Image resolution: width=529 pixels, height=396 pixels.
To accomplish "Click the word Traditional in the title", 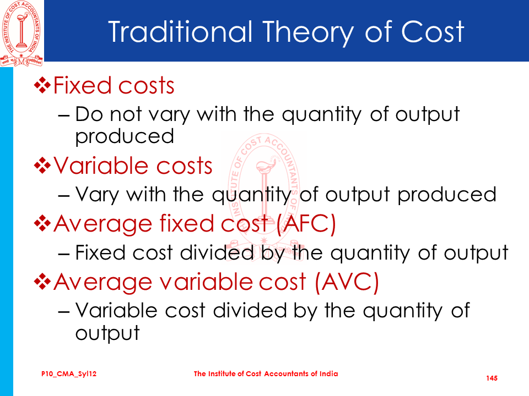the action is click(x=181, y=32).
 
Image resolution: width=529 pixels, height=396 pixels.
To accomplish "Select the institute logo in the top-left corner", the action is click(x=21, y=33).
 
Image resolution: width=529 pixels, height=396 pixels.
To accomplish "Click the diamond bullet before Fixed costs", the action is click(x=42, y=85).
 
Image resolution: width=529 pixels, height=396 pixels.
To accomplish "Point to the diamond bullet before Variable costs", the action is click(x=42, y=166).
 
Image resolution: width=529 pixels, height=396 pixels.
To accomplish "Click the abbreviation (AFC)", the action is click(x=306, y=224).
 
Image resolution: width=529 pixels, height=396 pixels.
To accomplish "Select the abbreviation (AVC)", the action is click(x=347, y=282).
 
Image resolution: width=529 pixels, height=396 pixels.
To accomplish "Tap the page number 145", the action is click(x=492, y=378).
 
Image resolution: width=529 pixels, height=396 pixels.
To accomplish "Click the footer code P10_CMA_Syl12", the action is click(x=69, y=374).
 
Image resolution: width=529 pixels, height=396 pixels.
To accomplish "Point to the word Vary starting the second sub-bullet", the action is click(x=97, y=195).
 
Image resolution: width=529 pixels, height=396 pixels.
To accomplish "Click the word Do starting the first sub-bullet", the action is click(x=89, y=114).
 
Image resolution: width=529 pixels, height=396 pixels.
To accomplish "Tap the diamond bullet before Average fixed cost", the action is click(x=42, y=224).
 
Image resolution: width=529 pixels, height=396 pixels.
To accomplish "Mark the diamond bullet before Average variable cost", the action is click(x=42, y=282).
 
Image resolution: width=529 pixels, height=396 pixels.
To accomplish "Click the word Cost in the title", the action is click(x=433, y=32).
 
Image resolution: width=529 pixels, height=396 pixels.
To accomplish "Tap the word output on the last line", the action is click(x=107, y=333).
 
